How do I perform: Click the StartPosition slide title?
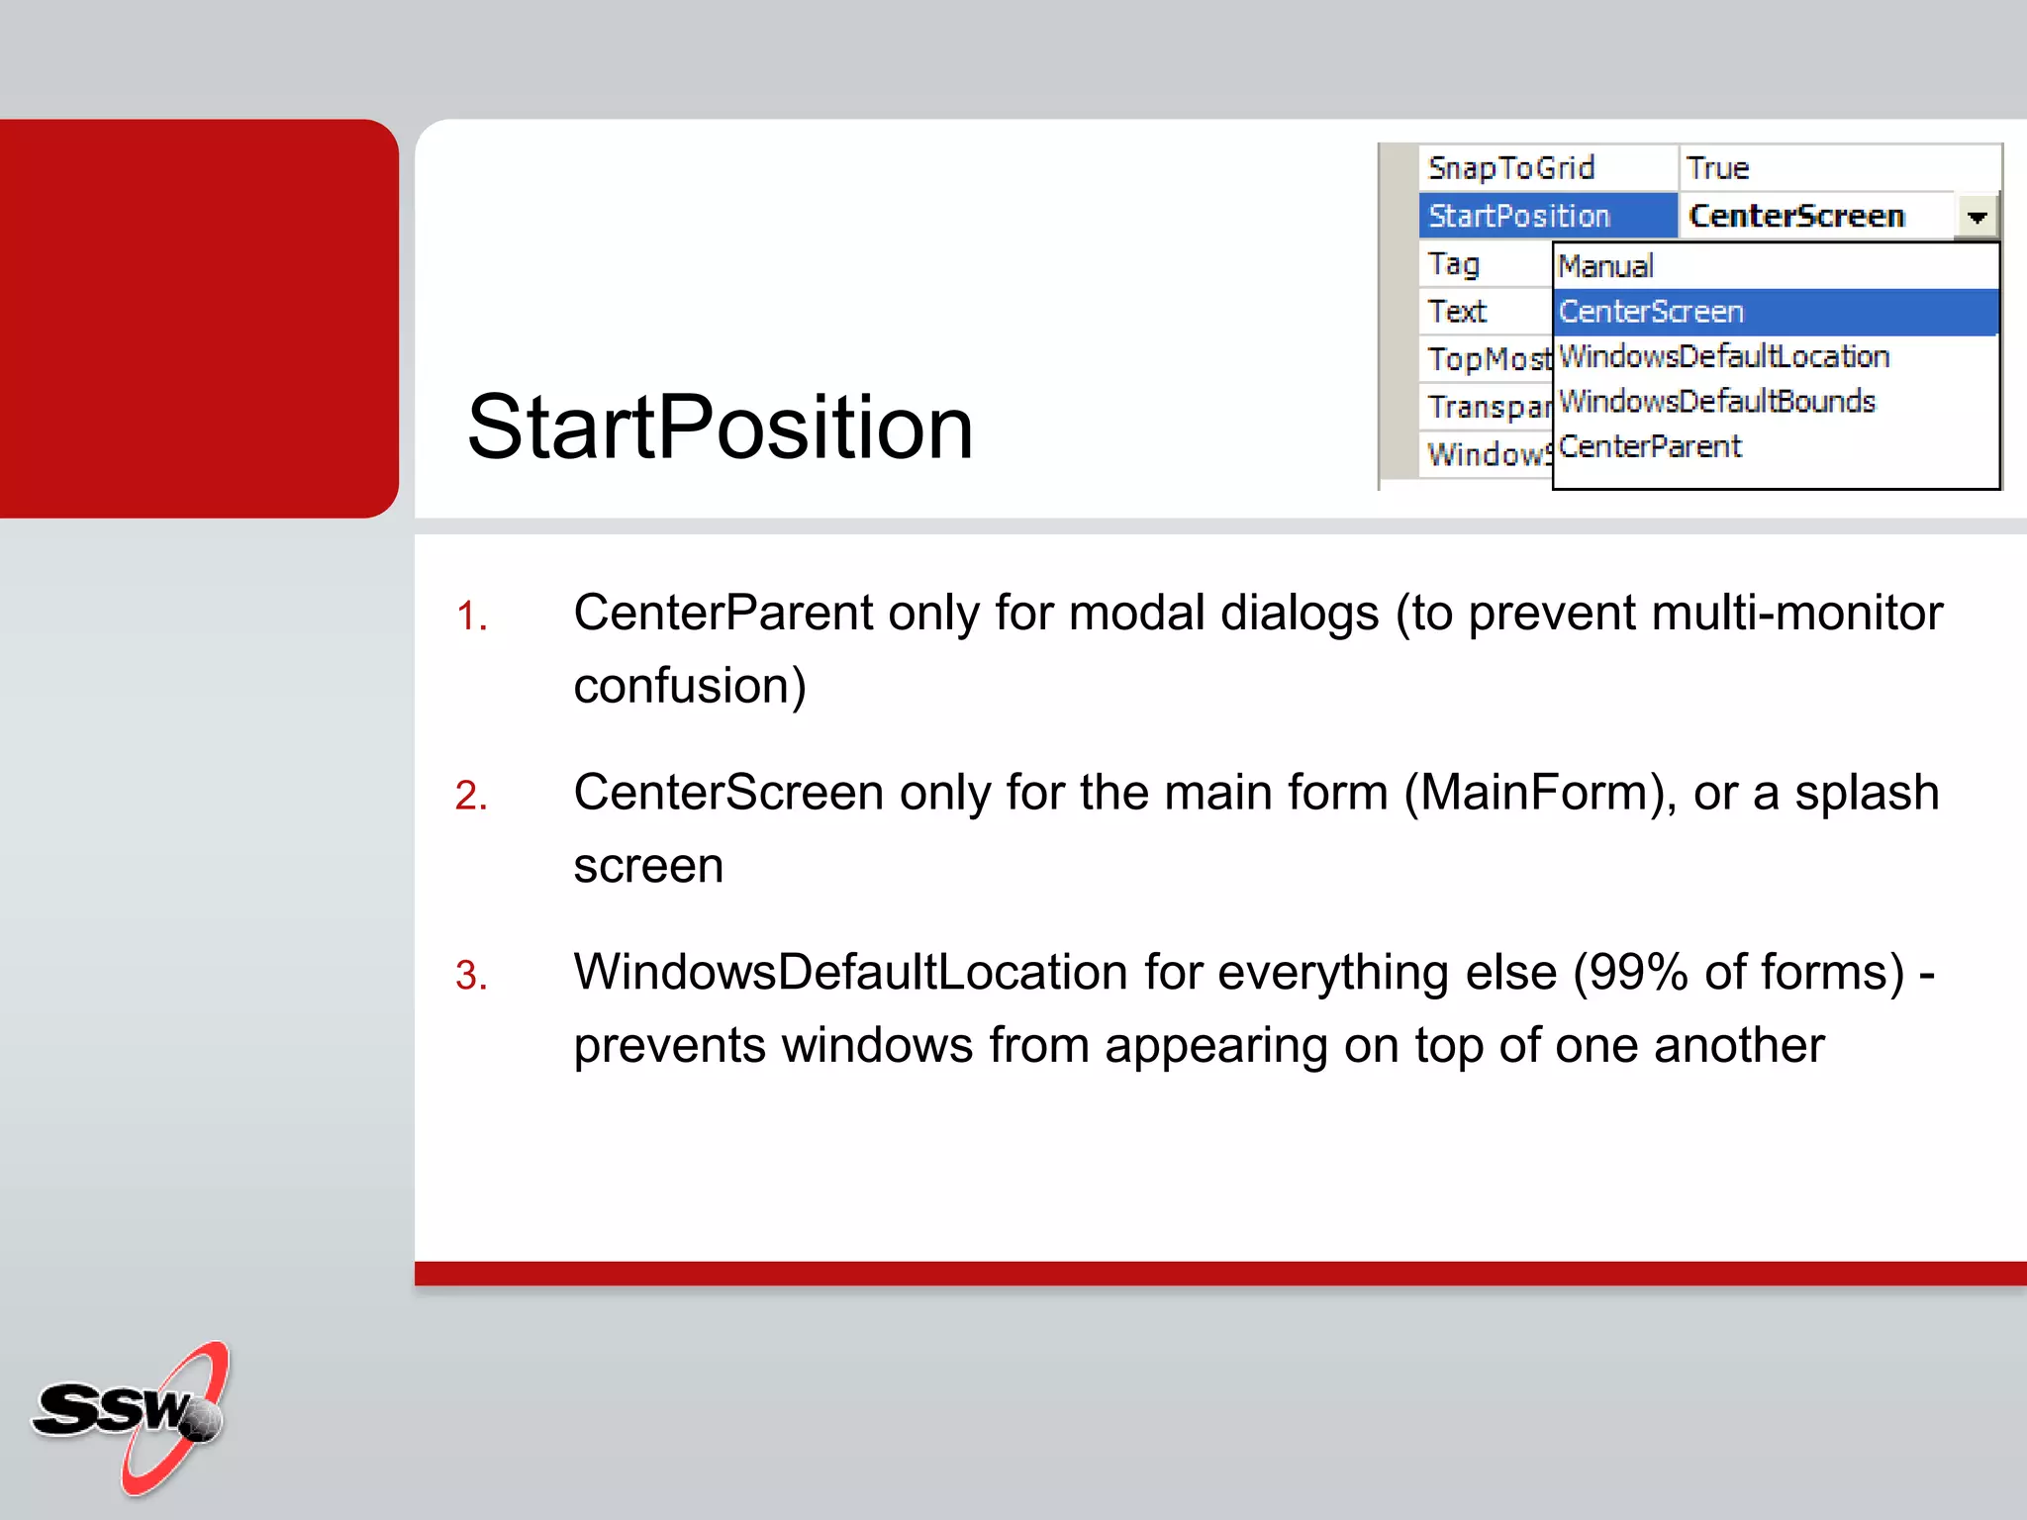click(x=720, y=427)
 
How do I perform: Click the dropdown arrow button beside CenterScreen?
click(x=1977, y=217)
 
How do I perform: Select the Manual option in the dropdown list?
click(x=1605, y=266)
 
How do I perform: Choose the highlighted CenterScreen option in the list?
click(x=1651, y=312)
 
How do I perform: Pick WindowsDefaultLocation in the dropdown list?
click(x=1724, y=356)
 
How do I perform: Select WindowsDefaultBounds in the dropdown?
click(x=1717, y=401)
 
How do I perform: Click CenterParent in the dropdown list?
click(x=1650, y=446)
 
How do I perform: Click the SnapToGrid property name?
click(x=1511, y=168)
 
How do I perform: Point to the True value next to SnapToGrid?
click(x=1718, y=168)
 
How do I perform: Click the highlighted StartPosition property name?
click(x=1519, y=216)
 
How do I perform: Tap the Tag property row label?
click(x=1454, y=264)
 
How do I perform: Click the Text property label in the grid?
click(x=1457, y=312)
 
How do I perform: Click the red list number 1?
click(x=471, y=617)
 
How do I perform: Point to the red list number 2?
click(x=471, y=797)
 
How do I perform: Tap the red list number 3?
click(x=471, y=976)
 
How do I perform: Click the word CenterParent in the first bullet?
click(x=723, y=613)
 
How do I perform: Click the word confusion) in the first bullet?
click(x=690, y=686)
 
